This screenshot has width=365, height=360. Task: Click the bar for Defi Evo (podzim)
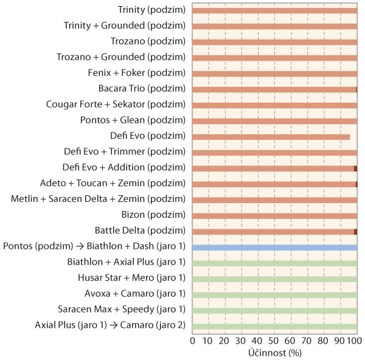(x=271, y=137)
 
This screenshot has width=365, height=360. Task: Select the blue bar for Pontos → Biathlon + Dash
(x=274, y=247)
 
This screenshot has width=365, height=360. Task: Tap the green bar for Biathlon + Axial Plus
(x=274, y=263)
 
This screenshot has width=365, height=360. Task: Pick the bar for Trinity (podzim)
(x=274, y=10)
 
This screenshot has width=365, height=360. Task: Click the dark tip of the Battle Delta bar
(x=355, y=232)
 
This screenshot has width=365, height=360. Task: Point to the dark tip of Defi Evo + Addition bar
(x=355, y=168)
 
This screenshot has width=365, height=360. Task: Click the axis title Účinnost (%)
(x=274, y=352)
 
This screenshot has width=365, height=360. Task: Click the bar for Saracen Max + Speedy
(x=274, y=310)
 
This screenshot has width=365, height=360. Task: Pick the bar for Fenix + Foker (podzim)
(x=274, y=74)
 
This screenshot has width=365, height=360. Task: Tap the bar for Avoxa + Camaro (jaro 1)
(x=274, y=294)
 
